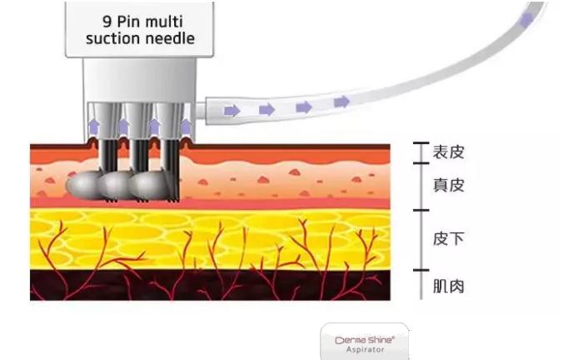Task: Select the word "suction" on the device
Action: [115, 38]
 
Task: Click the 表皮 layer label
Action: [448, 152]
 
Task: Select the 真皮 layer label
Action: [448, 184]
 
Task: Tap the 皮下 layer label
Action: [448, 239]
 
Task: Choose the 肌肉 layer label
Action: [448, 287]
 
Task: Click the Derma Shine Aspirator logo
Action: [364, 342]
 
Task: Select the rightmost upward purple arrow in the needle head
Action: [185, 127]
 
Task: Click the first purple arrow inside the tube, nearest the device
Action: [232, 110]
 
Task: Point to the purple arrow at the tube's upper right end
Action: [526, 18]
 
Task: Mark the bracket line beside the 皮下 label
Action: [421, 239]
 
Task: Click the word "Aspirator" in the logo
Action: [364, 350]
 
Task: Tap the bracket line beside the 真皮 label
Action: [421, 185]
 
